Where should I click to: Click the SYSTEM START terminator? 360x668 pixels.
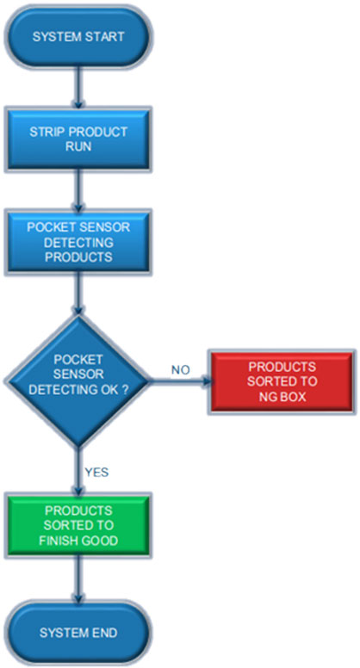[x=78, y=37]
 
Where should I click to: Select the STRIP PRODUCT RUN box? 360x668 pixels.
[x=78, y=139]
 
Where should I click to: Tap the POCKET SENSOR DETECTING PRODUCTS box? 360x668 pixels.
[x=78, y=242]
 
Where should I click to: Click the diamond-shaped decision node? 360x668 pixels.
[x=78, y=381]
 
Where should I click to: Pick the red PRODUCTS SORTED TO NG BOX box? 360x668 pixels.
[x=282, y=381]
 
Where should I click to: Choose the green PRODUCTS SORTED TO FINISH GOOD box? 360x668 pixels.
[x=78, y=526]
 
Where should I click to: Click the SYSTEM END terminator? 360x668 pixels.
[x=78, y=633]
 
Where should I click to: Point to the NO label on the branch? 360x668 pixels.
[x=180, y=369]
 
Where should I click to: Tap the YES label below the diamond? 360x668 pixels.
[x=96, y=472]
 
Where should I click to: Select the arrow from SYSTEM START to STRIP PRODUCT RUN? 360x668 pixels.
[x=78, y=88]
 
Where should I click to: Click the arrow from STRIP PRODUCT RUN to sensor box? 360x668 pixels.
[x=78, y=190]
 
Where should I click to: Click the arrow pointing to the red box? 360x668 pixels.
[x=180, y=381]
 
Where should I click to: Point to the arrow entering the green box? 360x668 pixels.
[x=78, y=471]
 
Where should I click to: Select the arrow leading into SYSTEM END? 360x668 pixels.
[x=78, y=580]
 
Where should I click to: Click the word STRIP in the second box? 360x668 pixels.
[x=44, y=132]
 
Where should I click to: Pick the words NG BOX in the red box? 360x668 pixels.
[x=282, y=397]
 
